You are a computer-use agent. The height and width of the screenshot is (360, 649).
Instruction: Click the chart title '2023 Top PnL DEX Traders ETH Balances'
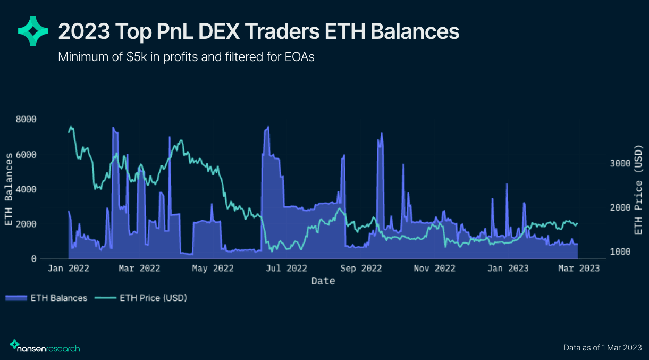258,32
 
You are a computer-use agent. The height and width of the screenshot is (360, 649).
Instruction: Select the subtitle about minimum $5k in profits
186,57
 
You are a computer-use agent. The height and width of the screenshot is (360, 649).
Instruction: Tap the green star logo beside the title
33,31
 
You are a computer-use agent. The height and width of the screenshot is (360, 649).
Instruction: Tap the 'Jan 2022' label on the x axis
68,269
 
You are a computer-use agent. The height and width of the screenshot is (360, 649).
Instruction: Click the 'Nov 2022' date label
435,269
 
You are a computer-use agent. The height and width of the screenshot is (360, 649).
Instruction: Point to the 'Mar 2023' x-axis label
579,269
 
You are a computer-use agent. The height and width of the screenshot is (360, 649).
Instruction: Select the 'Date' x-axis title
323,281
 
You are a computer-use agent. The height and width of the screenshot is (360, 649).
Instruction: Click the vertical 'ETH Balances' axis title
9,189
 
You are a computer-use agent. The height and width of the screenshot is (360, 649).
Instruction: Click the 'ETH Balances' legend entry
47,298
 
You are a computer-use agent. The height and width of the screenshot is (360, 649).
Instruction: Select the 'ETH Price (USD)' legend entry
141,298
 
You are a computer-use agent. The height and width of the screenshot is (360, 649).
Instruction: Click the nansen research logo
45,347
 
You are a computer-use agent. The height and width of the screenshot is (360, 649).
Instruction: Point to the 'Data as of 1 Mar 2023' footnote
603,348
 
